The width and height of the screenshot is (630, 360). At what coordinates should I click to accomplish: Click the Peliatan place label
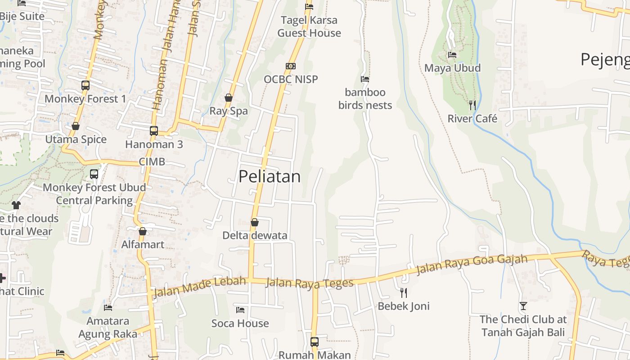click(270, 176)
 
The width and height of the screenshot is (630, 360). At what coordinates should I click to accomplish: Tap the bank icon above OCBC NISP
click(291, 66)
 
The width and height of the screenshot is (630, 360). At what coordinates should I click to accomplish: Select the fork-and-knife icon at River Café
click(472, 105)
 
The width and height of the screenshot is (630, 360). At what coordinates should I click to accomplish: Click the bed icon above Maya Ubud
click(452, 55)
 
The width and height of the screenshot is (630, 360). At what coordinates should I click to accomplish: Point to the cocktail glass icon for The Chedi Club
click(523, 306)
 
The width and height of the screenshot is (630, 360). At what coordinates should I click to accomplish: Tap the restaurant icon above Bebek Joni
click(404, 293)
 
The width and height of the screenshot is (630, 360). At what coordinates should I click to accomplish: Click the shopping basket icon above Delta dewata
click(255, 222)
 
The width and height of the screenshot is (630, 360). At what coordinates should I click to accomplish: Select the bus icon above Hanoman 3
click(154, 131)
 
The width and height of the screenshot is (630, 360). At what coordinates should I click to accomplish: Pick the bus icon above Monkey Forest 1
click(85, 85)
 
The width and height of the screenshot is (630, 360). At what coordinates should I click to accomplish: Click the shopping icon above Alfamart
click(143, 231)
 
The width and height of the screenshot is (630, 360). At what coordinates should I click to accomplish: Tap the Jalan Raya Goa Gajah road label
click(472, 264)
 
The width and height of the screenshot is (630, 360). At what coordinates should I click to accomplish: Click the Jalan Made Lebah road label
click(200, 287)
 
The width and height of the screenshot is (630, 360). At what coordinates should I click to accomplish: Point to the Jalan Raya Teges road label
click(310, 283)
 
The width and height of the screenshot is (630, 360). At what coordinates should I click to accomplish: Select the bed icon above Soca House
click(240, 310)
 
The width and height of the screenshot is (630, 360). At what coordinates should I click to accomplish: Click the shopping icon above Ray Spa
click(229, 98)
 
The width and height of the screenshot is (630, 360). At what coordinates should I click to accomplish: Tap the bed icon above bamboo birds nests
click(365, 79)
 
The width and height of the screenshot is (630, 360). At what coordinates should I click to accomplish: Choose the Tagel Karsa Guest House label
click(309, 27)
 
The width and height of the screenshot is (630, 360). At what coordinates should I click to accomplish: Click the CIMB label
click(152, 162)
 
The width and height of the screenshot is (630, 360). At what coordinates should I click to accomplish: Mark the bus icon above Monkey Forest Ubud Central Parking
click(94, 174)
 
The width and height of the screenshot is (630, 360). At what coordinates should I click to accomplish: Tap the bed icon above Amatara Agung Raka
click(108, 308)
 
